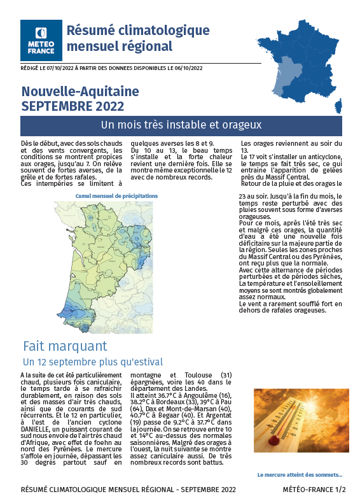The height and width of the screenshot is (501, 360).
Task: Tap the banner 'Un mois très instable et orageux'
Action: [181, 125]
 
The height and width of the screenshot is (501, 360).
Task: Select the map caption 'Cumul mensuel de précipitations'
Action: [116, 196]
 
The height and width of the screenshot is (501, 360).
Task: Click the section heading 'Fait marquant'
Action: [65, 346]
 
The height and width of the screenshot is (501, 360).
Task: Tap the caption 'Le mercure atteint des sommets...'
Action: [300, 475]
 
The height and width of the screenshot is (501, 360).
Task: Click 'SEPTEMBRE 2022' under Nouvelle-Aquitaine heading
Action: [73, 106]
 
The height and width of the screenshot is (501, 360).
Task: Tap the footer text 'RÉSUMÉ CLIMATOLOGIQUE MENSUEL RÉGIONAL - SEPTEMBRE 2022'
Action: [128, 490]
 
